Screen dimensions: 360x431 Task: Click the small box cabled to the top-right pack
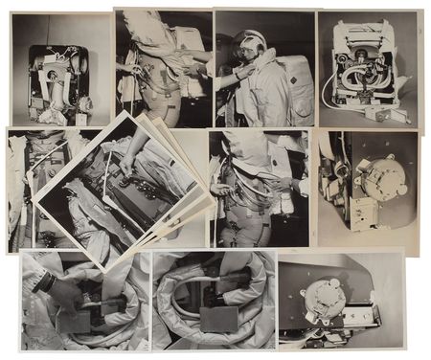(393, 112)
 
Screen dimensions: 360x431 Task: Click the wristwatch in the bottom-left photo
(44, 281)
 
